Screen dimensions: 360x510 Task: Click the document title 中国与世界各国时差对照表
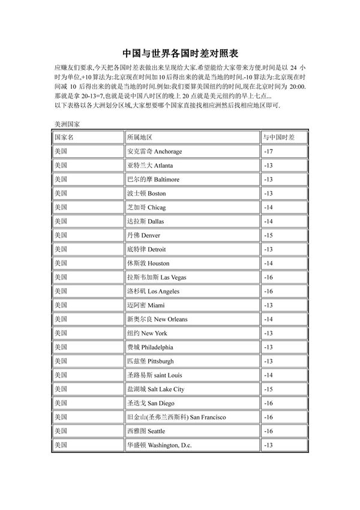(x=180, y=53)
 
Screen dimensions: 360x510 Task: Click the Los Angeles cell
(x=153, y=291)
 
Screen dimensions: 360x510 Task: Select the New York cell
(x=147, y=333)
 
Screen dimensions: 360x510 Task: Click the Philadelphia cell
(x=150, y=347)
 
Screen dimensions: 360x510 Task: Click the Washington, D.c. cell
(x=160, y=445)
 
